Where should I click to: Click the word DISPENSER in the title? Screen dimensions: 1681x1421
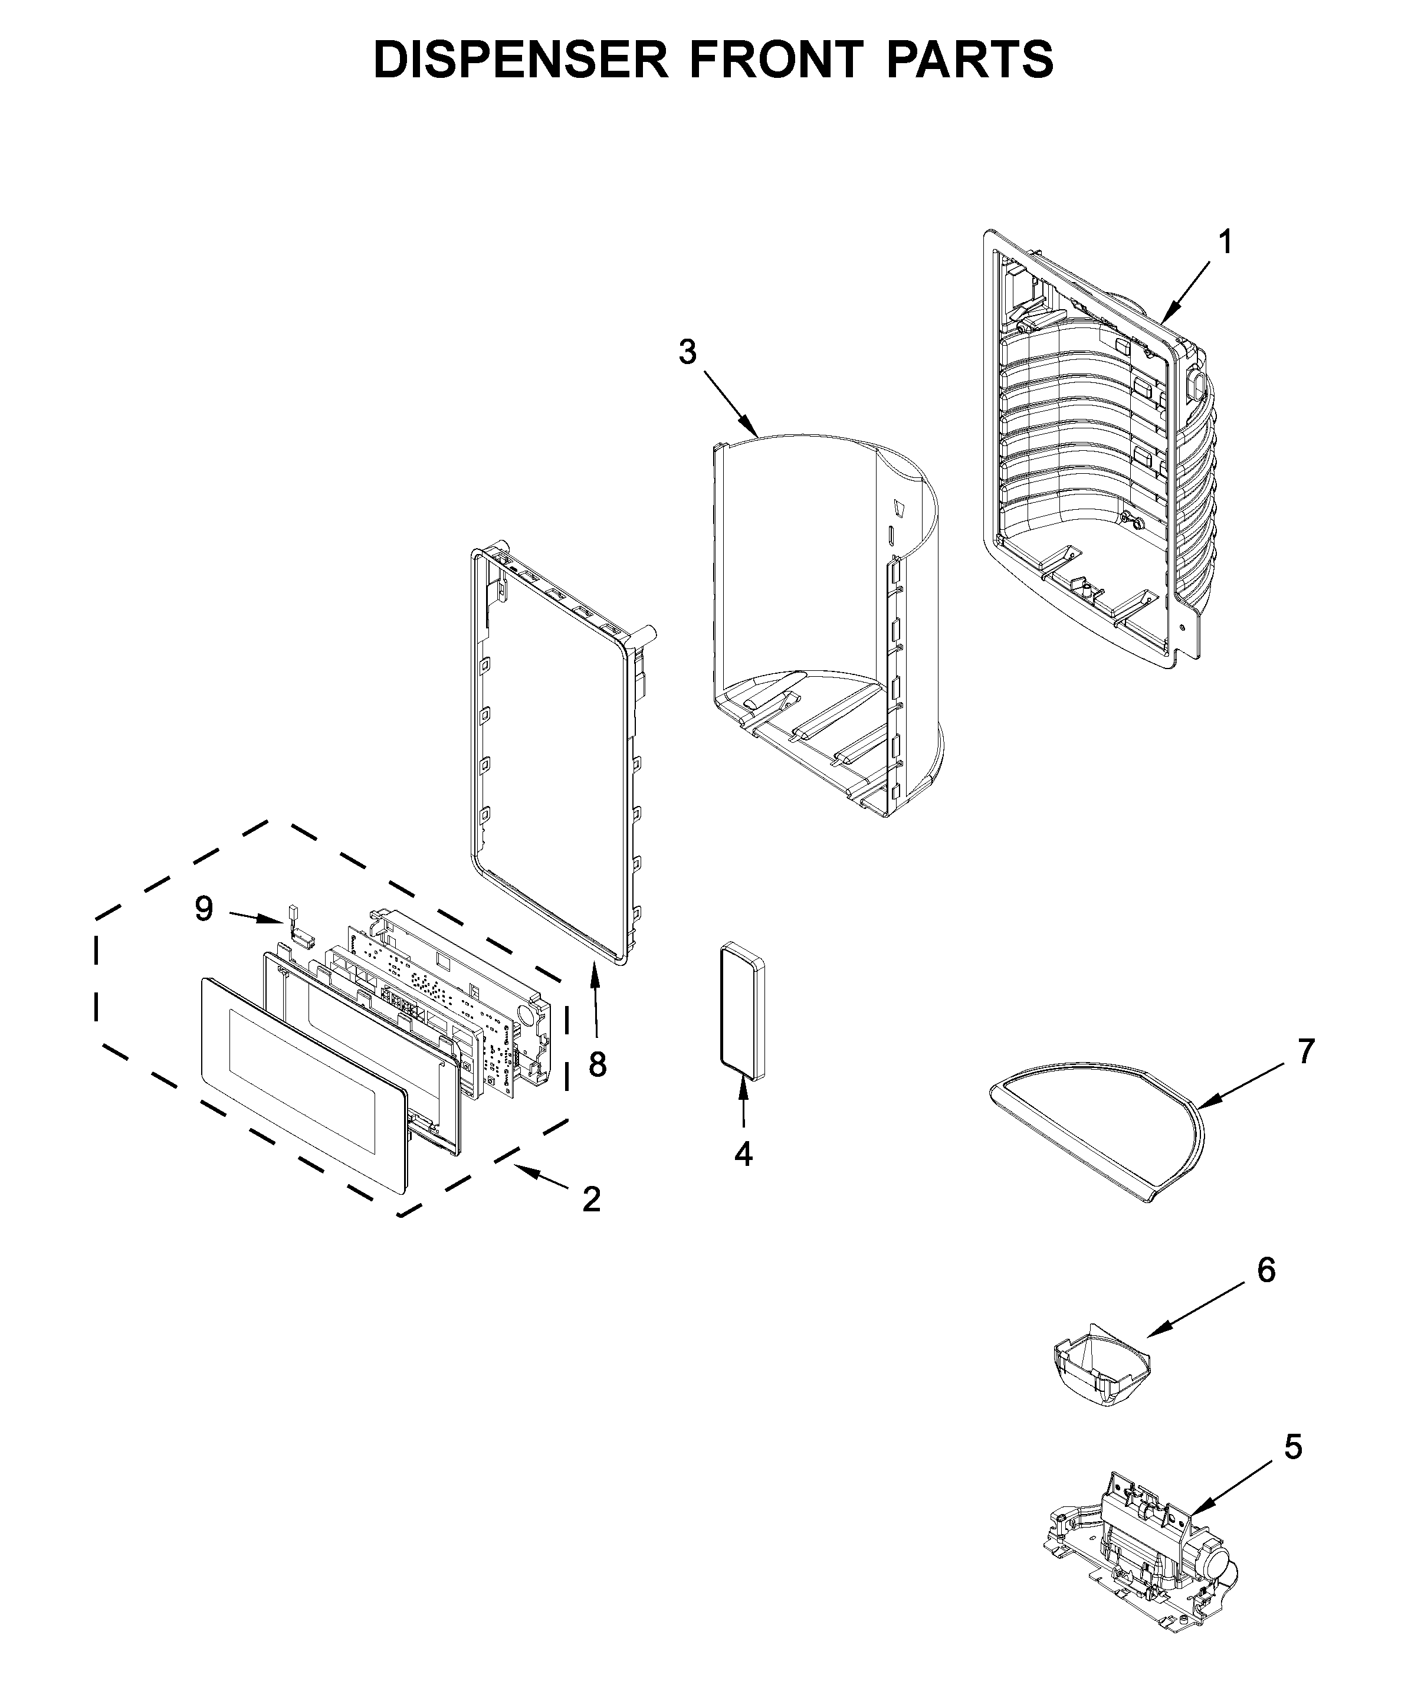(520, 60)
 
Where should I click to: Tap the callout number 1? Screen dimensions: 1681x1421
(1225, 243)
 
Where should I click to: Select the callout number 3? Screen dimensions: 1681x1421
(687, 352)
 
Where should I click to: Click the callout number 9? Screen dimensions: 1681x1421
(204, 909)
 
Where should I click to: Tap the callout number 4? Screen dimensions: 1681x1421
(743, 1155)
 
